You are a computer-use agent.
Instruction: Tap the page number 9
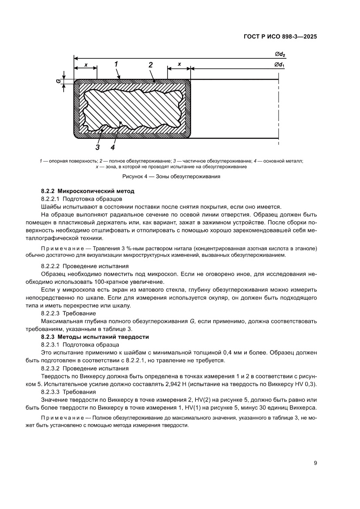click(x=315, y=463)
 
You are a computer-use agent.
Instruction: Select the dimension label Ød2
click(x=279, y=54)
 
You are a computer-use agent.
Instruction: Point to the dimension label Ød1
click(x=279, y=65)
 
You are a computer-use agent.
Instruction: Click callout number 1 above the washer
click(x=117, y=64)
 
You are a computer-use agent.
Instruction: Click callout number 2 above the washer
click(x=150, y=65)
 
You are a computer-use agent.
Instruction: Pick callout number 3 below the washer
click(x=98, y=147)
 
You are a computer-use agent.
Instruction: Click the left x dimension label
click(x=85, y=64)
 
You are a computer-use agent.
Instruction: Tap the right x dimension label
click(x=179, y=64)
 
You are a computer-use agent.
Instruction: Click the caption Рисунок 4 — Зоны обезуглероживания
click(x=171, y=177)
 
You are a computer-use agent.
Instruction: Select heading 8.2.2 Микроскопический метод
click(x=87, y=191)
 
